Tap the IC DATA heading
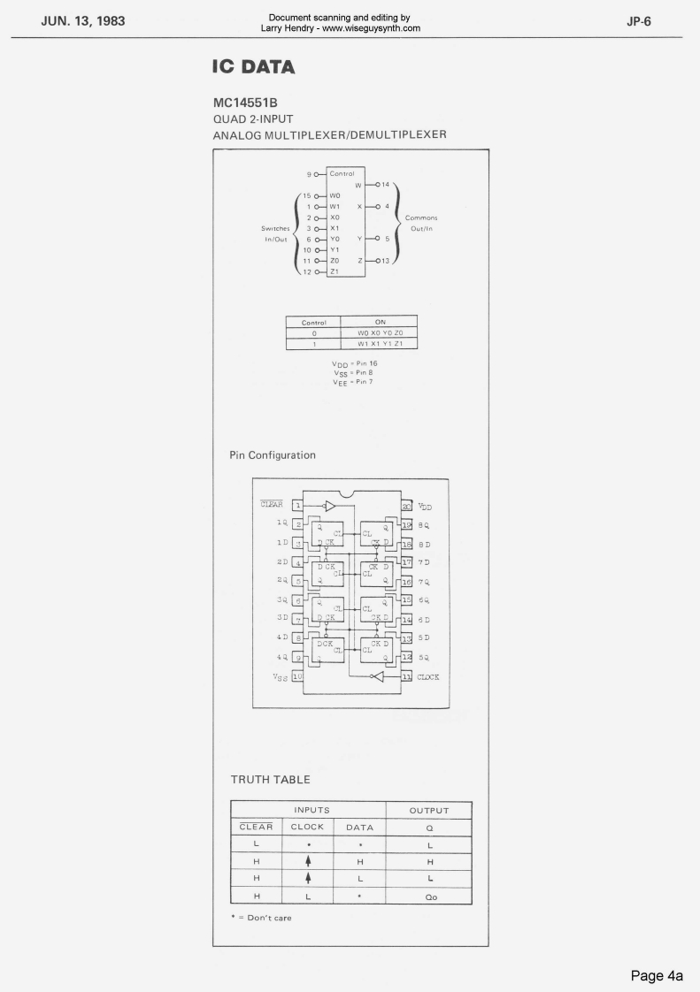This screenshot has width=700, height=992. (x=252, y=67)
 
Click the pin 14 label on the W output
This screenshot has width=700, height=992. (x=386, y=184)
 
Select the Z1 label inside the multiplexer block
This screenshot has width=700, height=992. (x=335, y=271)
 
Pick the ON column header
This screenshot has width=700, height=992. (x=381, y=322)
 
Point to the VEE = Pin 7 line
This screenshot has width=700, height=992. (x=351, y=381)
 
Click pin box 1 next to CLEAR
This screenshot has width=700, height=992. (x=298, y=506)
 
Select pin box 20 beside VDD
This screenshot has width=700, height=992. (x=407, y=506)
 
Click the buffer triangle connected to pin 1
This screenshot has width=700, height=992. (x=330, y=507)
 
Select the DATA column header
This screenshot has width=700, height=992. (x=358, y=828)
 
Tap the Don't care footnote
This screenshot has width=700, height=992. (x=261, y=917)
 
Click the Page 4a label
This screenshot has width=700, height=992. (x=656, y=976)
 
